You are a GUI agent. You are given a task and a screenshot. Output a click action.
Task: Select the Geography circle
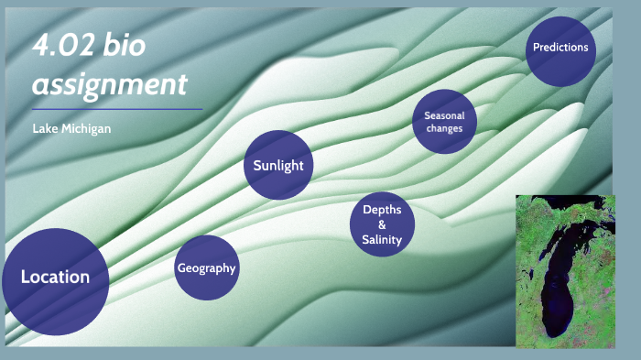coord(206,267)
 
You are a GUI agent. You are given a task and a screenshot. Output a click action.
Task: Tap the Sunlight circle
coord(278,166)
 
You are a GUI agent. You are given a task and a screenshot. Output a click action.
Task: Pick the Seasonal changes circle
coord(444,122)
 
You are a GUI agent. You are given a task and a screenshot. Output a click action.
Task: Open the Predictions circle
coord(560,49)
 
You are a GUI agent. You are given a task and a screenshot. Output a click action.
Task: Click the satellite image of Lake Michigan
coord(565,271)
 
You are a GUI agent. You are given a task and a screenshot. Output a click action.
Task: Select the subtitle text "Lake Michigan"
coord(71,128)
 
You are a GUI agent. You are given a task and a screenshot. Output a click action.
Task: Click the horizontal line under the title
coord(117,109)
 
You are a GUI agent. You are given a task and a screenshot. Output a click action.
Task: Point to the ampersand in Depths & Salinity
coord(382,224)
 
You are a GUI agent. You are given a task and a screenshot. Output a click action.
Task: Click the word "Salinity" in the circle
coord(382,240)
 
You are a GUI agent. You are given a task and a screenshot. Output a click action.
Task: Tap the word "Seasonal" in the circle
coord(444,115)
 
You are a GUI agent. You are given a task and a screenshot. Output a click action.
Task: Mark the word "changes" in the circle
coord(444,129)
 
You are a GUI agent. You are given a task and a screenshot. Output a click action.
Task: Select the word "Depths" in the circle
coord(382,210)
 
